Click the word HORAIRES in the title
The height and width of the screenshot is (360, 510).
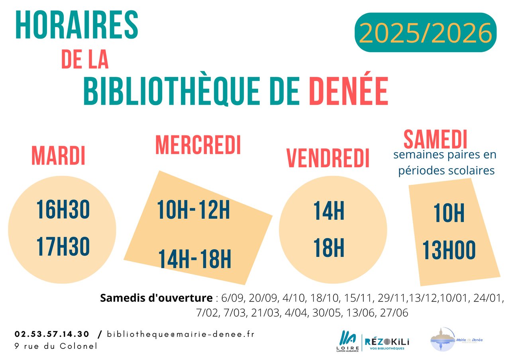tap(76, 25)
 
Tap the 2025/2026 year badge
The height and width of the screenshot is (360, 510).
tap(426, 33)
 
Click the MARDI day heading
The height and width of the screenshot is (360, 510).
tap(58, 155)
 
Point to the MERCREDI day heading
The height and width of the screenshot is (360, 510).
tap(198, 145)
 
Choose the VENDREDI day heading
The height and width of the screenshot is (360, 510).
tap(328, 158)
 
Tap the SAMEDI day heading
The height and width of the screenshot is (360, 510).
tap(435, 139)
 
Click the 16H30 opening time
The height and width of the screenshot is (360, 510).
tap(63, 210)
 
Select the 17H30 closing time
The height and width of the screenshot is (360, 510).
tap(63, 247)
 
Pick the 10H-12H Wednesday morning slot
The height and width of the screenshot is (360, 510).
tap(193, 210)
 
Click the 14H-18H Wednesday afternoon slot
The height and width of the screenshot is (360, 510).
tap(195, 259)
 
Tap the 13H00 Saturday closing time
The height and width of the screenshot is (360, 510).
tap(449, 250)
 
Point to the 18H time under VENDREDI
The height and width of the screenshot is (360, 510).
tap(329, 248)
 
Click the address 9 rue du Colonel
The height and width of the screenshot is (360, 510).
tap(56, 346)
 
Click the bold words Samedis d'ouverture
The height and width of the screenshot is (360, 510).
tap(156, 298)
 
